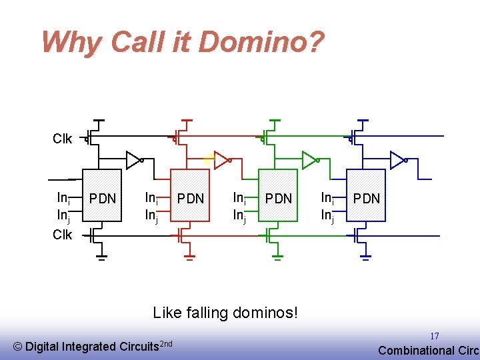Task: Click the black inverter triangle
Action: [x=133, y=160]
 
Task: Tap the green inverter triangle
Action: [x=309, y=160]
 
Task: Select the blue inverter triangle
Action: [x=397, y=160]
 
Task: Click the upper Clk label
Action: [x=63, y=139]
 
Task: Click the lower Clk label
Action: [x=63, y=235]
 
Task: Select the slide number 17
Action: [x=434, y=336]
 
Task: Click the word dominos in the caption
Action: [x=263, y=312]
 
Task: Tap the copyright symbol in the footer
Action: [x=18, y=347]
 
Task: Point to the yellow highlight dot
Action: [x=208, y=159]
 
